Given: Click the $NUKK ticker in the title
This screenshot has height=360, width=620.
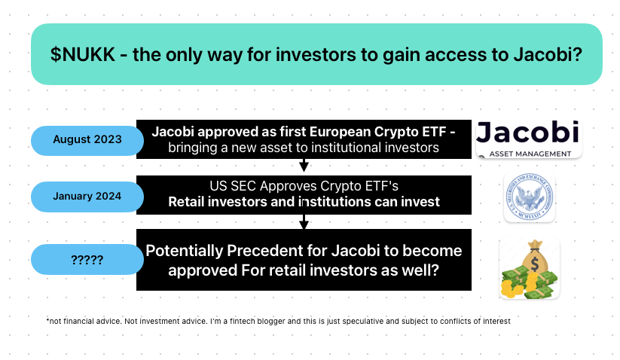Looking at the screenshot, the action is [x=83, y=54].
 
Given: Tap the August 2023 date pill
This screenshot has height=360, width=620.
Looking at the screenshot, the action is [x=87, y=140].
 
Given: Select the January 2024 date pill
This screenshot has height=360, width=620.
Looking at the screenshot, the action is [x=87, y=197].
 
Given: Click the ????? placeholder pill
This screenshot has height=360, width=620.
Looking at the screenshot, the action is [x=87, y=260].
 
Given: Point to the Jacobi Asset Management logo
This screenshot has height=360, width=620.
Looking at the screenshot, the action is [x=529, y=139].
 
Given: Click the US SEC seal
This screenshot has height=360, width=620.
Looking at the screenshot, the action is [x=530, y=197].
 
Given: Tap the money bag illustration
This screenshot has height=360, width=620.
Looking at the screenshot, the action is [x=530, y=268].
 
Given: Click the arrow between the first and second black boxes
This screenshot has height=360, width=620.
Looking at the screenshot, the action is [x=304, y=165].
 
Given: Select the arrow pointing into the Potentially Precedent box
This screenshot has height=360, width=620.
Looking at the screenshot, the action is [x=304, y=221].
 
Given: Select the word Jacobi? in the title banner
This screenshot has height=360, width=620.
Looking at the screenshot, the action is [x=548, y=54].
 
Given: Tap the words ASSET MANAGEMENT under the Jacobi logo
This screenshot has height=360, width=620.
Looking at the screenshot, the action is [x=530, y=154].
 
